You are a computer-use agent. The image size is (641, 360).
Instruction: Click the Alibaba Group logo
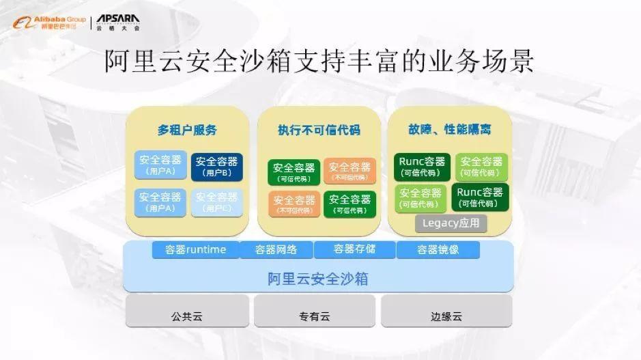tap(48, 23)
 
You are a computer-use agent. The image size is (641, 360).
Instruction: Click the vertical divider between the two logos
tap(91, 23)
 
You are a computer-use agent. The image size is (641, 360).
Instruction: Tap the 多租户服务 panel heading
tap(187, 130)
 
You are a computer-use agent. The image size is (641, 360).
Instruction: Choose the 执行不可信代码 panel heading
tap(319, 130)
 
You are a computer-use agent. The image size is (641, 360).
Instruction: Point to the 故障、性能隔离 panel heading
tap(450, 129)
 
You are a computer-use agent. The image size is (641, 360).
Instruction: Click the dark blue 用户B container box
tap(217, 166)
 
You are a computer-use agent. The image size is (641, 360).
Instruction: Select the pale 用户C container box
tap(217, 202)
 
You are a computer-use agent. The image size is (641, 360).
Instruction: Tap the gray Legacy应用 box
tap(451, 223)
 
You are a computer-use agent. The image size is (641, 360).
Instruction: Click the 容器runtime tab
tap(195, 249)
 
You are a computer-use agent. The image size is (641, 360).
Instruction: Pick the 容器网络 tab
tap(276, 249)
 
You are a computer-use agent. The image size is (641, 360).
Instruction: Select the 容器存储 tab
tap(354, 249)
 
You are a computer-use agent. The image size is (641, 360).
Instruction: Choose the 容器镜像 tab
tap(438, 249)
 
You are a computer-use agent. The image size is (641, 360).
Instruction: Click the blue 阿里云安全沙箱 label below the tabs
tap(319, 278)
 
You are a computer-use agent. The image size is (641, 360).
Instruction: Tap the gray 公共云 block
tap(186, 316)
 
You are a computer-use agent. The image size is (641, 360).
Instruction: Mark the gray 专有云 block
tap(314, 316)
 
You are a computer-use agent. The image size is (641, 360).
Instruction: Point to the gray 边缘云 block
tap(446, 316)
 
